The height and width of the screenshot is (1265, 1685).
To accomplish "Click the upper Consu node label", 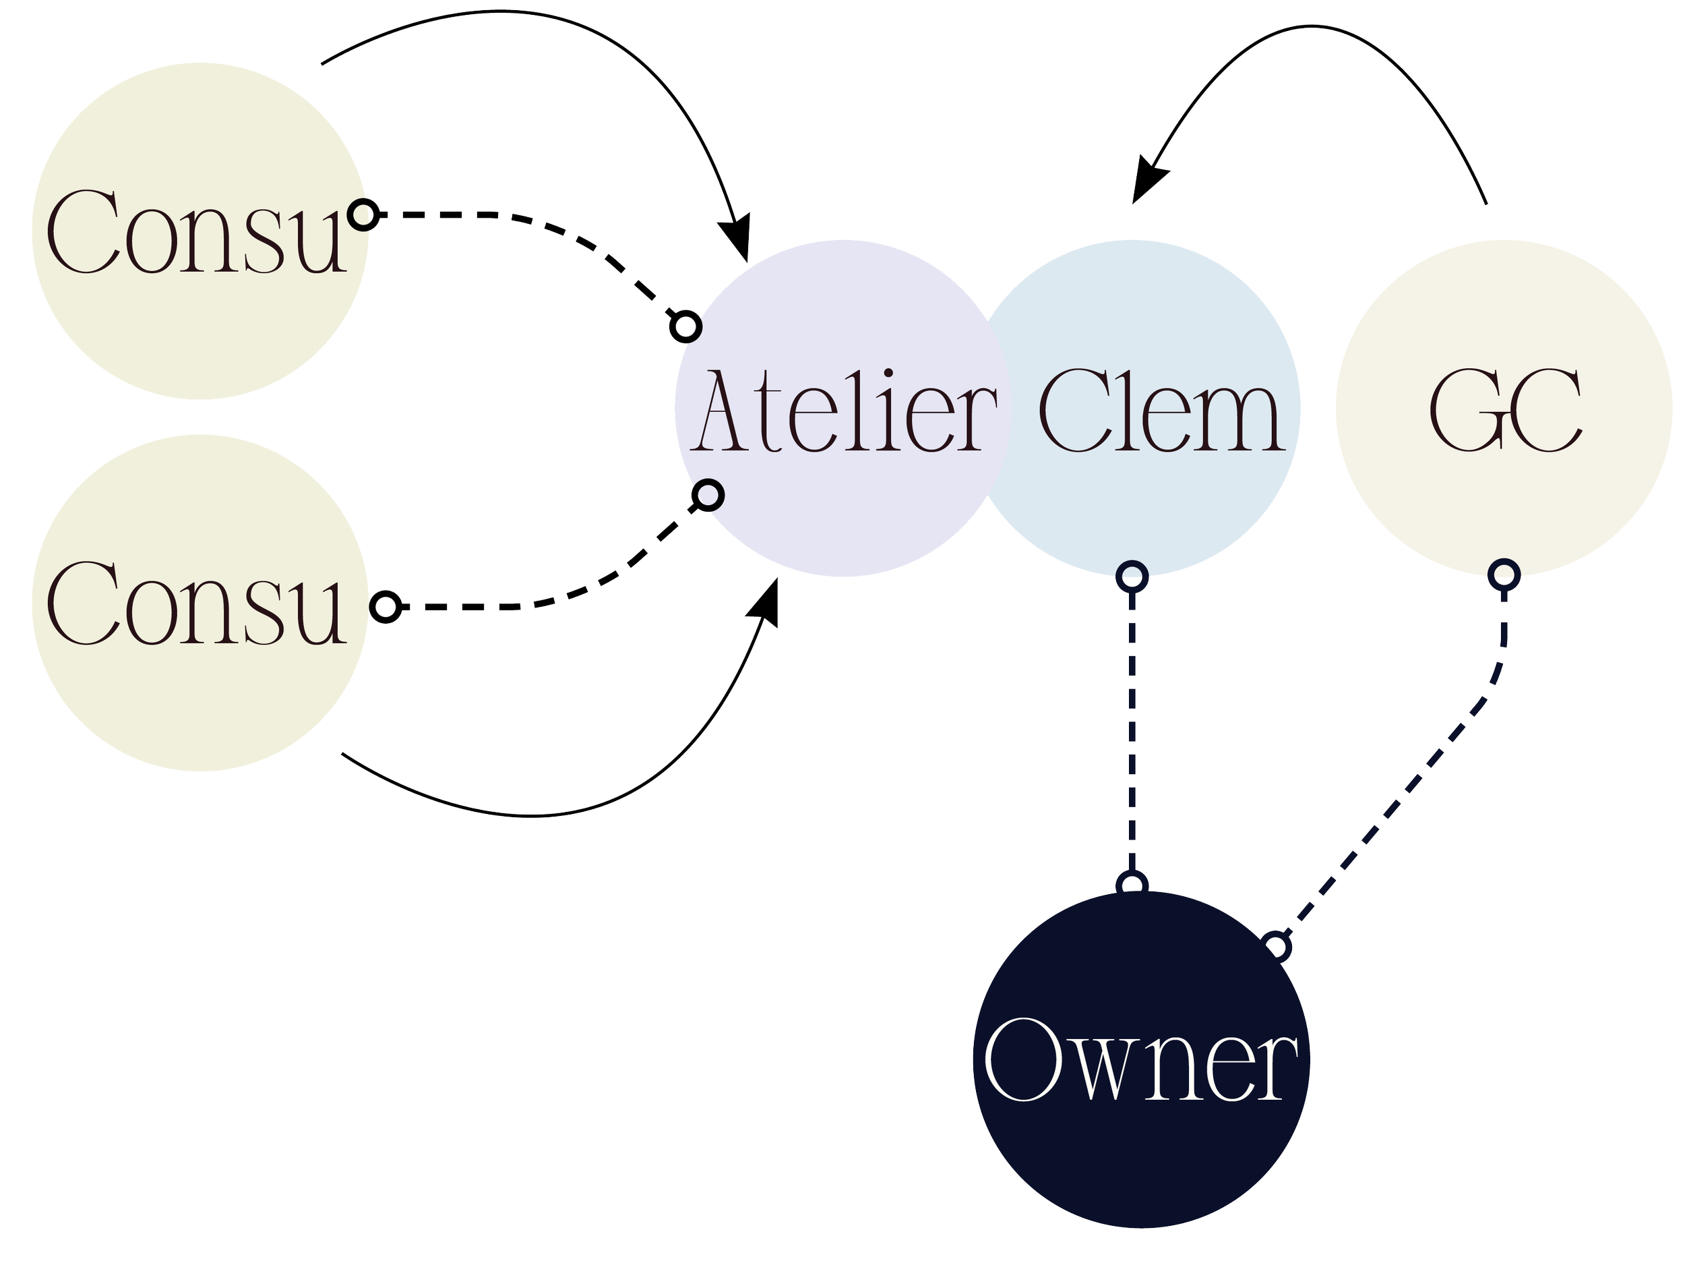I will tap(197, 232).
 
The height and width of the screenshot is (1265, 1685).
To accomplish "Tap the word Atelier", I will tap(844, 411).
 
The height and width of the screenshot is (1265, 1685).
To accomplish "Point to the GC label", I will tap(1504, 411).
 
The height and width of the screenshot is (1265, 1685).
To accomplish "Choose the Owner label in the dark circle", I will tap(1140, 1060).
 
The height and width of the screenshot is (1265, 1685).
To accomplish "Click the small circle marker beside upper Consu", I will tap(363, 216).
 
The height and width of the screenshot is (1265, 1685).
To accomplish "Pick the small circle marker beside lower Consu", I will tap(385, 608).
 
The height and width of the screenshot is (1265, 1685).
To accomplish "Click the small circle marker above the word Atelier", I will tap(685, 327).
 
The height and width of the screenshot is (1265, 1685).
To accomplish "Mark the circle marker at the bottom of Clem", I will tap(1132, 578).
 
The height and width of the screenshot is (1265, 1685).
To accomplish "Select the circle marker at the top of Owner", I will tap(1133, 885).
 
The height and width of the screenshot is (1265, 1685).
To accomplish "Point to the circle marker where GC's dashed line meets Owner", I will tap(1277, 947).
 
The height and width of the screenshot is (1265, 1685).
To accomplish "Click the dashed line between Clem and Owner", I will tap(1133, 732).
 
